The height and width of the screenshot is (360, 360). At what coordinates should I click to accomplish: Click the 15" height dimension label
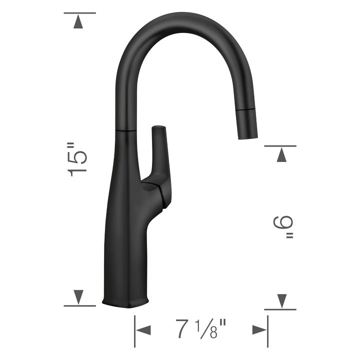click(x=78, y=159)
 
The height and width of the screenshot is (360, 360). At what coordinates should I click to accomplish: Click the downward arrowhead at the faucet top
click(x=78, y=22)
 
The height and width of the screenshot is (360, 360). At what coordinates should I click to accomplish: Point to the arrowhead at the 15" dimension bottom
click(x=78, y=297)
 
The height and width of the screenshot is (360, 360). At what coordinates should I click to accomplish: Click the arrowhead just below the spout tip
click(x=281, y=155)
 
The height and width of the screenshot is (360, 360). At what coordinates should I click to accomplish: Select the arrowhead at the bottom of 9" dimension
click(x=281, y=301)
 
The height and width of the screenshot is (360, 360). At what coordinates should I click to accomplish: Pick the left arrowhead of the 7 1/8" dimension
click(x=144, y=330)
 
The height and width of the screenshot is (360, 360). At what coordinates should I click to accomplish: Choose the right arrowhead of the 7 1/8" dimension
click(x=259, y=330)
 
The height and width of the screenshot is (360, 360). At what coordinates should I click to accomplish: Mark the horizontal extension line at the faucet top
click(x=79, y=13)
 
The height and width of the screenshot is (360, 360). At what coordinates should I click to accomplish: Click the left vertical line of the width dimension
click(x=134, y=330)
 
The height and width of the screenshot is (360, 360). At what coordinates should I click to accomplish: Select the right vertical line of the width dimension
click(x=268, y=330)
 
